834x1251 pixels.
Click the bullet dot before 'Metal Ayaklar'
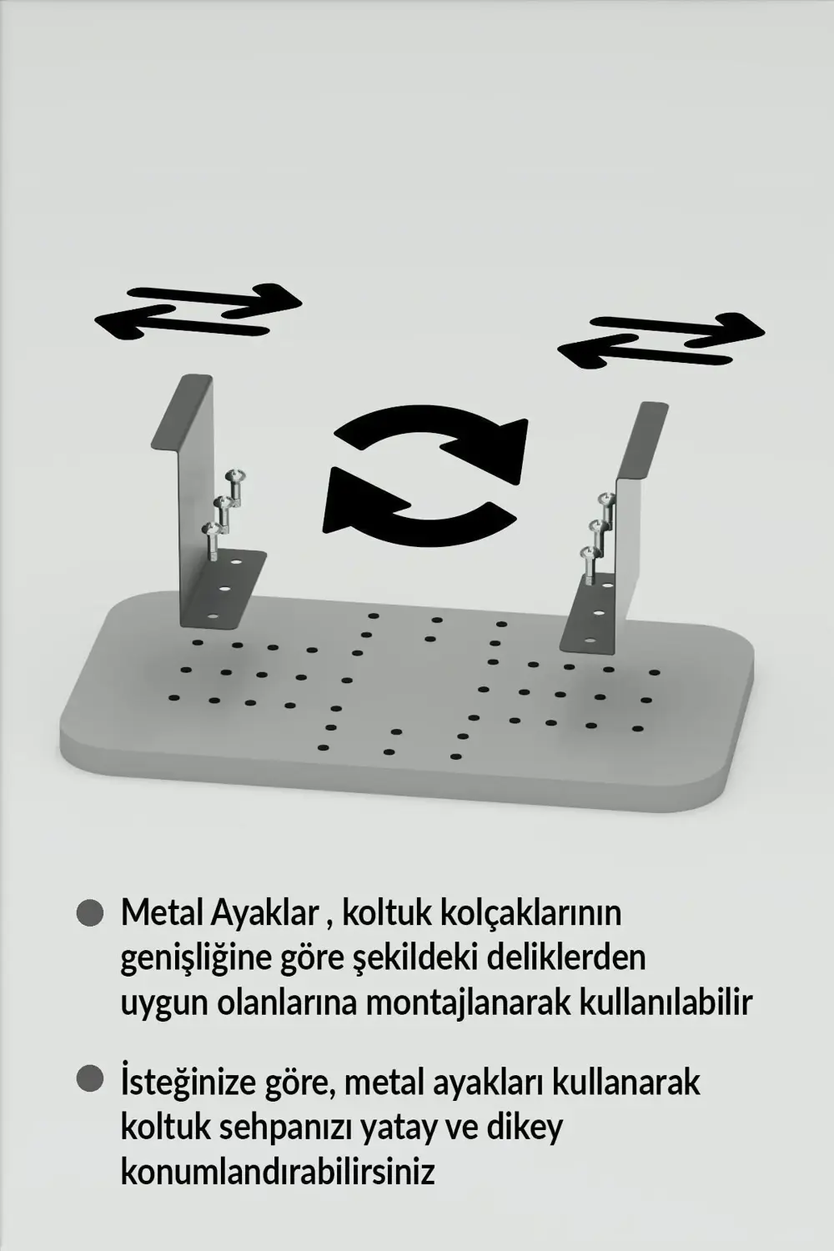(x=89, y=912)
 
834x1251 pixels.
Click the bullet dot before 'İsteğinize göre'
(x=89, y=1080)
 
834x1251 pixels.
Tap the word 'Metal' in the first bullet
(x=155, y=913)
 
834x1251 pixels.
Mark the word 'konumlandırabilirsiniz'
(x=278, y=1172)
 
